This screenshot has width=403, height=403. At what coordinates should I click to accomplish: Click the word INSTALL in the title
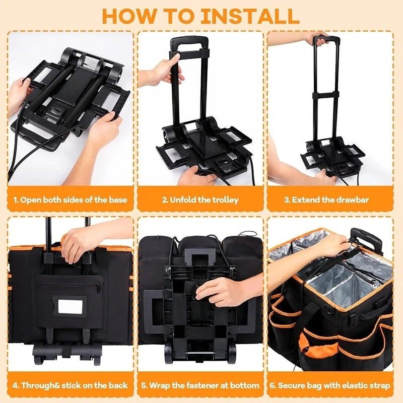[250, 16]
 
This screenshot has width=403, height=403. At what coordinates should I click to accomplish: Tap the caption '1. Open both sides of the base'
[71, 199]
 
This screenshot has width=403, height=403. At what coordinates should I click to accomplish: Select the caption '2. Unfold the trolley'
[200, 199]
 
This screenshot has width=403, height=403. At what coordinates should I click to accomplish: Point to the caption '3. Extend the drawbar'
[326, 199]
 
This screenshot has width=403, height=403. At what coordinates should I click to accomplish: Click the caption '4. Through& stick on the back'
[70, 385]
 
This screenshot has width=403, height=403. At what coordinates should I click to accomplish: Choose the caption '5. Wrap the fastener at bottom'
[200, 385]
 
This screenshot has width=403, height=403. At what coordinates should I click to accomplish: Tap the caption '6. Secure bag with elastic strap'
[330, 385]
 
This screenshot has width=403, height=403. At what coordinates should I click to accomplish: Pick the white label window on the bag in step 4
[70, 306]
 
